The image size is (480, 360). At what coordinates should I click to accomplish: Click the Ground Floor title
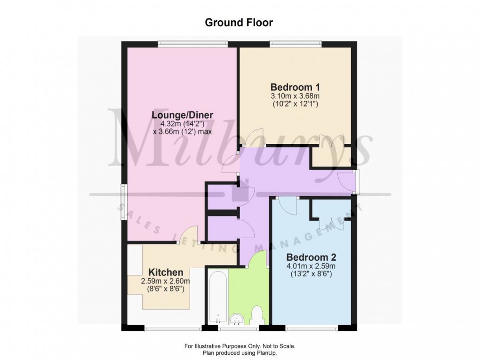tap(239, 22)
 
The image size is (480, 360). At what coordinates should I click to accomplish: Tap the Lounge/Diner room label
tap(183, 115)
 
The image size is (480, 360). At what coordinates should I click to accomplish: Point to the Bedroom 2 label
tap(311, 257)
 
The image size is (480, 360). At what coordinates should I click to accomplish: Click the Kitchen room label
tap(166, 272)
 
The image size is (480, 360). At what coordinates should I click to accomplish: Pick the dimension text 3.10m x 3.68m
tap(295, 96)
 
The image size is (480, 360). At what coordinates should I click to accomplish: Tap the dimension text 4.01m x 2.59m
tap(311, 266)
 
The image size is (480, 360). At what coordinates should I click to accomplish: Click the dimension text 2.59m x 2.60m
tap(166, 281)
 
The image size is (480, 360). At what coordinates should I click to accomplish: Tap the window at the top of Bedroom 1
tap(296, 44)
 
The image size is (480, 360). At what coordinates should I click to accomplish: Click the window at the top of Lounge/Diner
tap(193, 44)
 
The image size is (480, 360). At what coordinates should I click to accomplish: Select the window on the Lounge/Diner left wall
tap(123, 201)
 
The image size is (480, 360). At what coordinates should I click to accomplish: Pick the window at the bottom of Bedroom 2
tap(312, 328)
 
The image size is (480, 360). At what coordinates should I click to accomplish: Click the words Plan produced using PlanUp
tap(239, 352)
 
